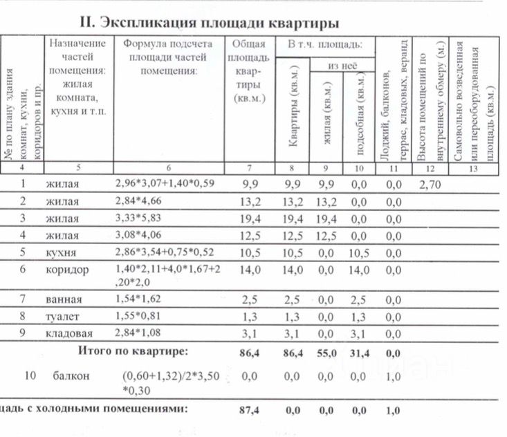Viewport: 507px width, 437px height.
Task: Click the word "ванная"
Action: point(64,300)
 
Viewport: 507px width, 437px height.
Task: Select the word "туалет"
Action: point(63,317)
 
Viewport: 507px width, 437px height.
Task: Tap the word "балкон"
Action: point(69,376)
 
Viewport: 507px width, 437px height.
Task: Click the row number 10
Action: point(30,376)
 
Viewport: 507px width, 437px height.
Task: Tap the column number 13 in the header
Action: point(473,167)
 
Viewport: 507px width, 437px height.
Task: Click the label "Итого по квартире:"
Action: point(132,351)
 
